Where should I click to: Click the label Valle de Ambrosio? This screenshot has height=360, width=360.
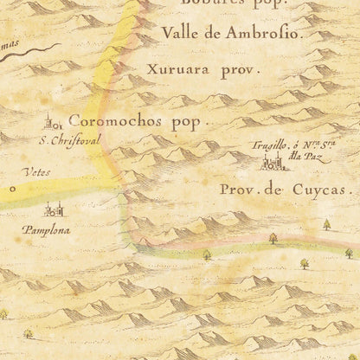(x=230, y=36)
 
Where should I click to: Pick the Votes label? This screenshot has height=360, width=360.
(x=38, y=172)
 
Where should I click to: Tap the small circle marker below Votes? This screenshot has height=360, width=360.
(x=13, y=186)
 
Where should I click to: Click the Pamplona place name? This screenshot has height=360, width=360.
(x=48, y=231)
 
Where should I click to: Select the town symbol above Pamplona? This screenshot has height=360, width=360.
(x=54, y=209)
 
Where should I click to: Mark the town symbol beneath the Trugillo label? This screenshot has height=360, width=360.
(x=283, y=163)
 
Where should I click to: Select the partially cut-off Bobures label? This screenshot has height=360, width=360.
(x=234, y=3)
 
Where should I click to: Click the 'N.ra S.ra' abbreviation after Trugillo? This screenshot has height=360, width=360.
(x=314, y=146)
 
